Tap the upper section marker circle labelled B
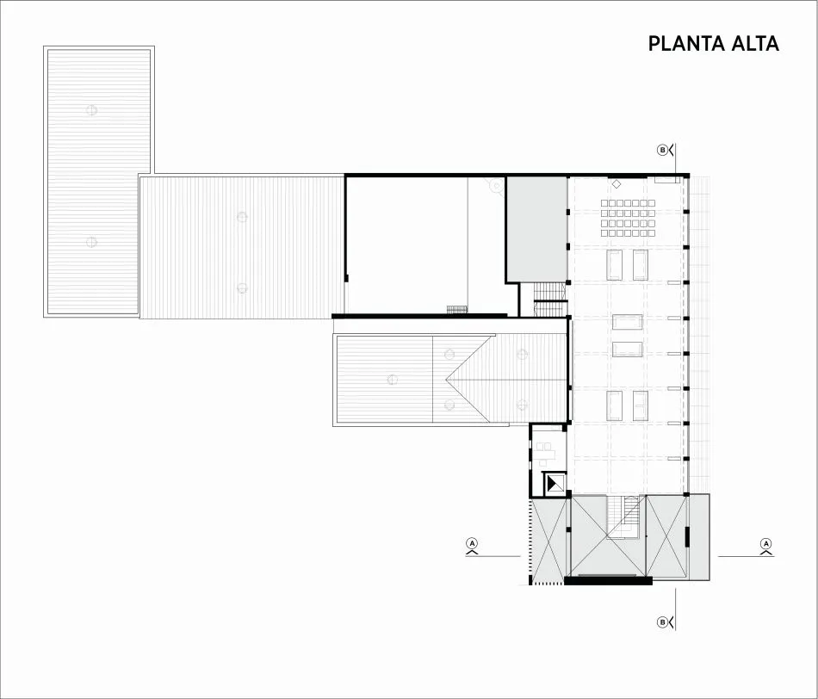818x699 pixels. tap(662, 151)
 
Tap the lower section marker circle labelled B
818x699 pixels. tap(662, 622)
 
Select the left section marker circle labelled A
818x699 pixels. tap(473, 543)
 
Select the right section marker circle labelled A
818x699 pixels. tap(765, 543)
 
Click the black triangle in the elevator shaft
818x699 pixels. tap(553, 485)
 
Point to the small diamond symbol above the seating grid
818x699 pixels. tap(617, 184)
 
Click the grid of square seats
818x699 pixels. tap(628, 218)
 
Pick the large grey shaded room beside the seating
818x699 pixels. tap(537, 230)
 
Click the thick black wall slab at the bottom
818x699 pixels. tap(608, 580)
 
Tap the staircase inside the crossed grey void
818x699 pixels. tap(623, 517)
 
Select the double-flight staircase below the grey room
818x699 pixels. tap(550, 300)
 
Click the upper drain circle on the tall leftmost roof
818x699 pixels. tap(92, 110)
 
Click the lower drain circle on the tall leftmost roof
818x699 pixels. tap(92, 242)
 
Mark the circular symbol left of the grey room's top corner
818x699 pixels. tap(496, 185)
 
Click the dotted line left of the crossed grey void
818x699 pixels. tap(531, 539)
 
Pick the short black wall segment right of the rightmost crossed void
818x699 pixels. tap(687, 537)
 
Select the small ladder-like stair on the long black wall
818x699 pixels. tap(457, 310)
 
